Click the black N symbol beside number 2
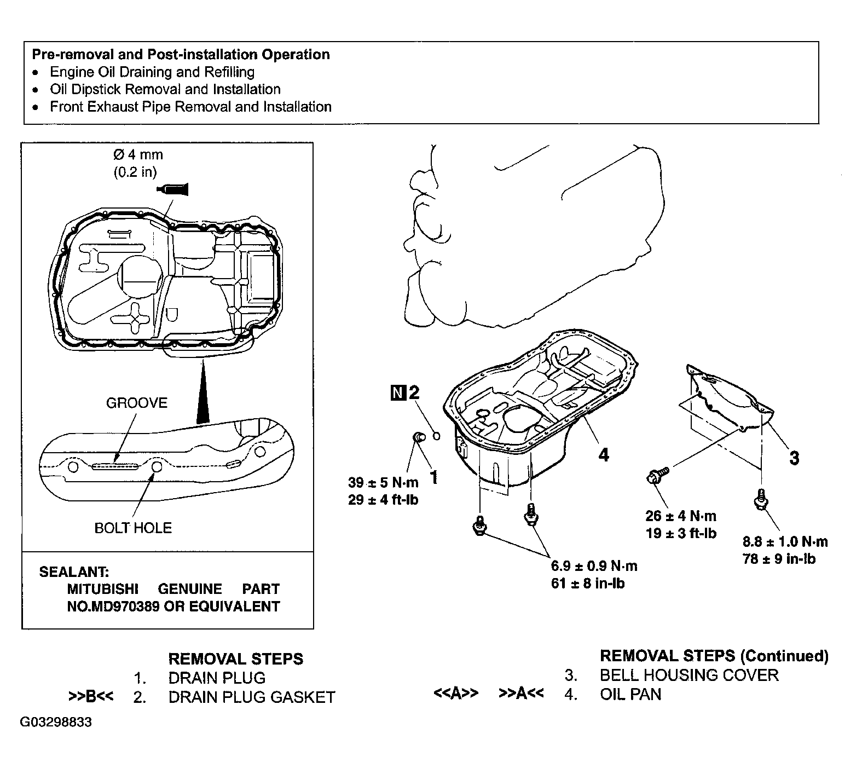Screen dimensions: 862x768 pos(398,392)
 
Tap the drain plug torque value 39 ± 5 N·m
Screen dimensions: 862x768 pos(383,482)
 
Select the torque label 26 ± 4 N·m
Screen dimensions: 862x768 pos(681,516)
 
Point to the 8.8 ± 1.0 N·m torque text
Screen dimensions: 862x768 pos(785,542)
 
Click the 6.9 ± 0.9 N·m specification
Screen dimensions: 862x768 pos(594,565)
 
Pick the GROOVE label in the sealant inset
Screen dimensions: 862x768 pos(137,403)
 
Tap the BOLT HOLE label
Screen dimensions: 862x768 pos(133,528)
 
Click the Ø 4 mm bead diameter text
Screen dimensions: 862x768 pos(138,155)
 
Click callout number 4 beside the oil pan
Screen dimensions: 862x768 pos(604,454)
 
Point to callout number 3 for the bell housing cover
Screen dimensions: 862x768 pos(794,458)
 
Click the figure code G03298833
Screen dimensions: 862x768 pos(56,722)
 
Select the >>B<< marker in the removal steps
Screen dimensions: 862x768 pos(91,696)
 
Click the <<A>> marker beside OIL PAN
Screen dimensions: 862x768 pos(456,693)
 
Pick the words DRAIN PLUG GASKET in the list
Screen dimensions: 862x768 pos(252,697)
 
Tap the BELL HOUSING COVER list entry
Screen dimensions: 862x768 pos(689,675)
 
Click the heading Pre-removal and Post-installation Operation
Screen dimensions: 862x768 pos(181,54)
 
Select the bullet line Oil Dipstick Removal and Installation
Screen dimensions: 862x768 pos(165,89)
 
